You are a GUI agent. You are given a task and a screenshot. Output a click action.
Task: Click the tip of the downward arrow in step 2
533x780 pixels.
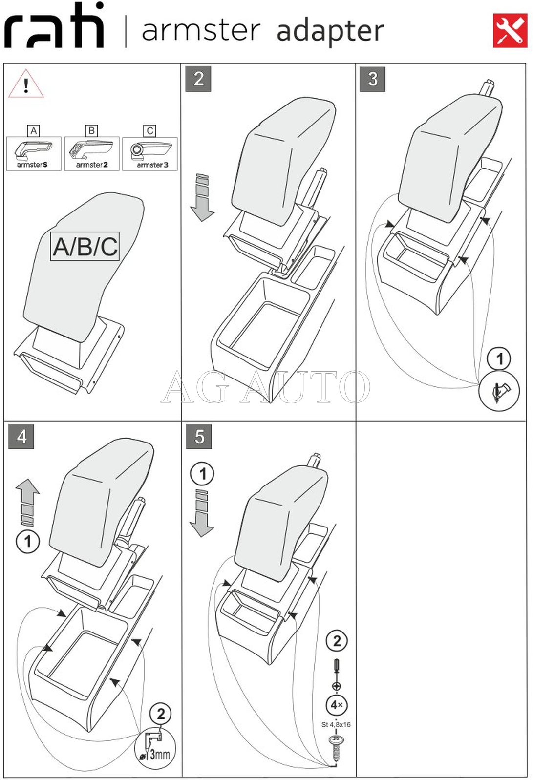coord(202,221)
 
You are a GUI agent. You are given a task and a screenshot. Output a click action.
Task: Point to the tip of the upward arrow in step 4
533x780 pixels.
coord(27,479)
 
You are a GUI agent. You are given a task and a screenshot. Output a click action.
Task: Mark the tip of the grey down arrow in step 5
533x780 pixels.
coord(201,537)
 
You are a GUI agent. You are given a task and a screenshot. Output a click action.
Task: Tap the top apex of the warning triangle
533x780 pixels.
coord(26,69)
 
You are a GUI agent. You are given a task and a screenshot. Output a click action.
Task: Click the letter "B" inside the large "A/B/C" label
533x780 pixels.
coord(85,247)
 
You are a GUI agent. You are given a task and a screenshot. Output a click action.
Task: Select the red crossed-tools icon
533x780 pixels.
coord(511,30)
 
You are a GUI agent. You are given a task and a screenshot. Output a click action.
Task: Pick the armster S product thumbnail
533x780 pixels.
coord(33,153)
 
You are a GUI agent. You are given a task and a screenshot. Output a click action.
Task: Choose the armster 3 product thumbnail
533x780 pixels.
coord(150,153)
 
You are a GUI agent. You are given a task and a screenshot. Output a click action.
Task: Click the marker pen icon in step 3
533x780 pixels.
coord(499,391)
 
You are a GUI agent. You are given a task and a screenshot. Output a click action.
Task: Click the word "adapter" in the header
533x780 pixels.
coord(330,31)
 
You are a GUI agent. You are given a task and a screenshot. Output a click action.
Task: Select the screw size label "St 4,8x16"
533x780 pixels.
coord(336,725)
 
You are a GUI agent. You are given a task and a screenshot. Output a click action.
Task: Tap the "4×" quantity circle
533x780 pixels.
coord(336,705)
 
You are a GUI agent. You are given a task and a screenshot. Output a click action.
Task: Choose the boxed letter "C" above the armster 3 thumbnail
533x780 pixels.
coord(150,130)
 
